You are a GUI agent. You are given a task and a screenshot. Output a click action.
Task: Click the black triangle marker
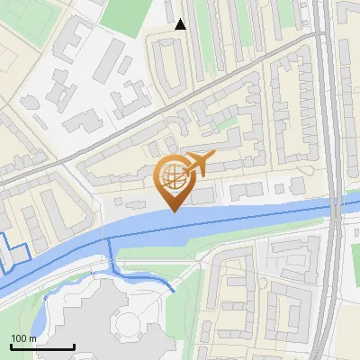click(x=181, y=24)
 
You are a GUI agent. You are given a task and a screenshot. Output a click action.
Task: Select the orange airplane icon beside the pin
click(x=200, y=164)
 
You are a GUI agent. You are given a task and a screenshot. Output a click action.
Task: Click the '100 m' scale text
click(x=24, y=338)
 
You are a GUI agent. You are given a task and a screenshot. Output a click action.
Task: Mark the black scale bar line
click(x=42, y=346)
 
